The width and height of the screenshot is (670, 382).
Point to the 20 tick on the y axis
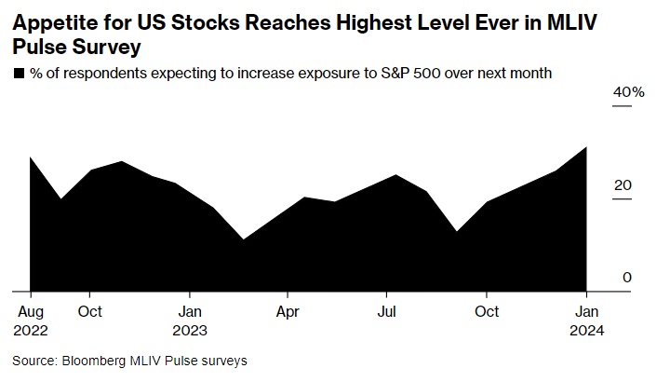tap(623, 184)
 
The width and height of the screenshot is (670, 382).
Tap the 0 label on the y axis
tap(628, 277)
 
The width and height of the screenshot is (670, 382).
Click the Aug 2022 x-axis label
tap(32, 320)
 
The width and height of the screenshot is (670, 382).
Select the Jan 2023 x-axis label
tap(191, 320)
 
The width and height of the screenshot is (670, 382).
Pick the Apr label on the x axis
tap(288, 310)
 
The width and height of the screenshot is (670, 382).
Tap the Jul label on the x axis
tap(385, 310)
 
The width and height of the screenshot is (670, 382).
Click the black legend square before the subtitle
tap(18, 73)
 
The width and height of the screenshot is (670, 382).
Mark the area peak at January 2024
tap(586, 146)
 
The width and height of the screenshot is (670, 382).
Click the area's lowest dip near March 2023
tap(244, 239)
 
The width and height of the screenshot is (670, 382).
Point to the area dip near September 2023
tap(456, 231)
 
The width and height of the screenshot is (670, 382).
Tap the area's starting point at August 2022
tap(31, 157)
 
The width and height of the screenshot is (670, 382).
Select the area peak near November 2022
tap(122, 161)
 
